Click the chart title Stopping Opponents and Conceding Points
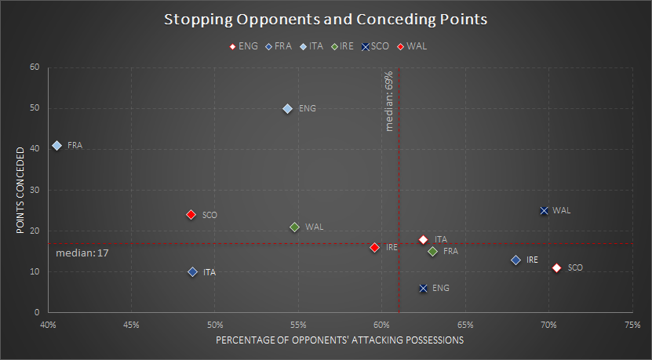[x=326, y=19]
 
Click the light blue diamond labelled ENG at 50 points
[x=287, y=109]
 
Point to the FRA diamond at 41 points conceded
[x=56, y=145]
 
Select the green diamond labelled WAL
[x=294, y=227]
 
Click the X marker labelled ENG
[x=424, y=288]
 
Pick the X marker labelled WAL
[x=544, y=210]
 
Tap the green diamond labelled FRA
[x=432, y=251]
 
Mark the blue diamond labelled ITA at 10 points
[x=192, y=272]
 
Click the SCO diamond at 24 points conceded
[x=191, y=214]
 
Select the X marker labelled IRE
[x=515, y=260]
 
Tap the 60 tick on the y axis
[x=35, y=67]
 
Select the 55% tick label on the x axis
[x=298, y=324]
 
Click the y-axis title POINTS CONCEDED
[x=20, y=189]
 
